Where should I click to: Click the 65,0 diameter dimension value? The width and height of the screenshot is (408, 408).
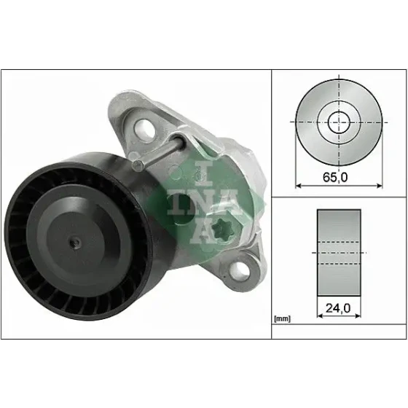(x=335, y=178)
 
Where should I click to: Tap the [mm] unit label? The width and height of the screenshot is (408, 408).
(x=282, y=319)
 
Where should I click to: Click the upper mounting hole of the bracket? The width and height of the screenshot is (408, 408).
(x=144, y=128)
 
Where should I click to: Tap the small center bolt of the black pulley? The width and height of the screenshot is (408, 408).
(x=76, y=243)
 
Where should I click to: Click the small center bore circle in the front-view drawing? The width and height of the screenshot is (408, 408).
(x=339, y=122)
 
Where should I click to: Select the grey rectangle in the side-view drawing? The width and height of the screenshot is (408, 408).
(x=339, y=252)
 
